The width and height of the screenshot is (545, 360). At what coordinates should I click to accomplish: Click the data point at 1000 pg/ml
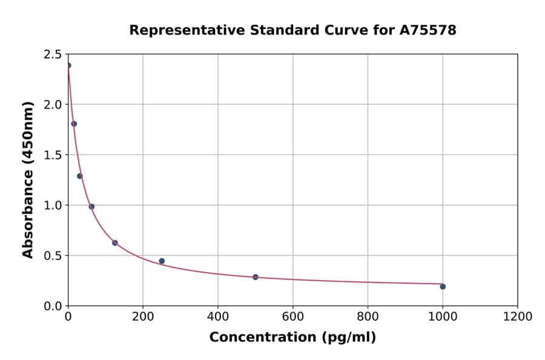[x=443, y=287]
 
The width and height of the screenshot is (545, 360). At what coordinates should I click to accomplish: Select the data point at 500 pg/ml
[x=256, y=277]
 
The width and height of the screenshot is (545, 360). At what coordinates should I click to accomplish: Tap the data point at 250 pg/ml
[x=162, y=261]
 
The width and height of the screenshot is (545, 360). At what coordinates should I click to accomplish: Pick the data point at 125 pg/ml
[x=115, y=243]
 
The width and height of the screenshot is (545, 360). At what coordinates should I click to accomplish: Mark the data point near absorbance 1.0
[x=91, y=207]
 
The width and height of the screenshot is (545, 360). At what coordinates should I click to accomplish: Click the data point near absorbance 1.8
[x=74, y=124]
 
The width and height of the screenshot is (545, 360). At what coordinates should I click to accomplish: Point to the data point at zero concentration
[x=68, y=65]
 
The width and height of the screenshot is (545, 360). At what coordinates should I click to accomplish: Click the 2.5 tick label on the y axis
[x=53, y=55]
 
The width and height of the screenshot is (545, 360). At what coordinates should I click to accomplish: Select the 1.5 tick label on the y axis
[x=53, y=155]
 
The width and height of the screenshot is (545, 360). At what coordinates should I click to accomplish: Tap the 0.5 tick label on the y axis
[x=53, y=256]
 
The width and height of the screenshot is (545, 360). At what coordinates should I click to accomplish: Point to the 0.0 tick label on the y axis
[x=53, y=306]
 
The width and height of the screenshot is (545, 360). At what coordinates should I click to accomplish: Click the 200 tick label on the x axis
[x=143, y=317]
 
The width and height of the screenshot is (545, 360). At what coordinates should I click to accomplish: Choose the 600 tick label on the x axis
[x=293, y=317]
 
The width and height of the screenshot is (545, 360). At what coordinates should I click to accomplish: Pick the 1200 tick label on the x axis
[x=518, y=317]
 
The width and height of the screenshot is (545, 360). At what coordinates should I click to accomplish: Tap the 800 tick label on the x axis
[x=368, y=317]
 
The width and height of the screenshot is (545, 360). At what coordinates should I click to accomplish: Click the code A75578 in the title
[x=428, y=30]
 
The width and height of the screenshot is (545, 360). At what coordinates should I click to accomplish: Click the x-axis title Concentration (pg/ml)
[x=292, y=338]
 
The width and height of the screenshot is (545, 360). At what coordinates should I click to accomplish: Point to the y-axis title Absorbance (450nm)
[x=28, y=179]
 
